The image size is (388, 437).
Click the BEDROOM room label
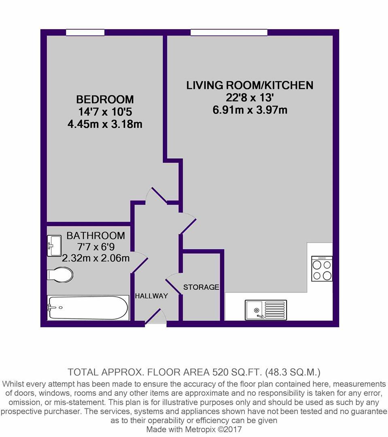105,99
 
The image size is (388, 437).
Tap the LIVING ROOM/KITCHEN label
250,85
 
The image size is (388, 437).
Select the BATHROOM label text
95,235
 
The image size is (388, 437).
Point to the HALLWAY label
151,296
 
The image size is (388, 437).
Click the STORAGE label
201,287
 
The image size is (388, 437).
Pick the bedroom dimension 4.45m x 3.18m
105,124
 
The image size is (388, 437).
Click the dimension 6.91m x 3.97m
250,110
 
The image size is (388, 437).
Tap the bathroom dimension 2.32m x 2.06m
95,258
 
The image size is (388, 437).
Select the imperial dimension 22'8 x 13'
250,98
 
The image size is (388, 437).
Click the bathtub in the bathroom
88,308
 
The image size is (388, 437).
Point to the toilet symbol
60,274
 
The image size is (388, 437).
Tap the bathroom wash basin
54,246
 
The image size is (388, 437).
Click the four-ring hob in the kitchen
322,269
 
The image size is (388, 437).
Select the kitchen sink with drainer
266,310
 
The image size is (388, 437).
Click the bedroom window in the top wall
85,33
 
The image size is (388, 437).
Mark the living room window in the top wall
229,33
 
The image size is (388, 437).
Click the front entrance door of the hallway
155,317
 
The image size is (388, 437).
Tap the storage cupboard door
174,285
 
